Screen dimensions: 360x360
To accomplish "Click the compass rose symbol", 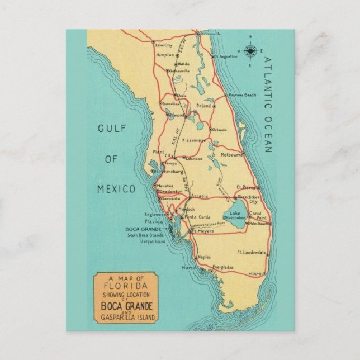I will point(250,50).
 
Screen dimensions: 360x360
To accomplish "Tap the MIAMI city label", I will point(254,273).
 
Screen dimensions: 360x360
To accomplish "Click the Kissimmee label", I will point(195,141).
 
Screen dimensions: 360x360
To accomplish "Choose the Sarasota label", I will point(170,198).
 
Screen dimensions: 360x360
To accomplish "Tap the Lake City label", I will point(164,45).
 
